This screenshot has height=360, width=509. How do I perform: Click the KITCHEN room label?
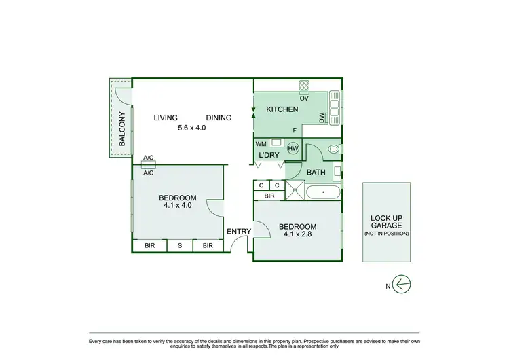tap(282, 109)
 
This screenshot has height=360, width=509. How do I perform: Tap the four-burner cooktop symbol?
tap(305, 86)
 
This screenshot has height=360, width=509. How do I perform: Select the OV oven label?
tap(304, 98)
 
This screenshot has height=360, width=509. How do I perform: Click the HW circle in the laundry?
tap(293, 148)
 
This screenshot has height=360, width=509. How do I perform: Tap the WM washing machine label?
tap(261, 144)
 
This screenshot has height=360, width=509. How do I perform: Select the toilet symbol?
tap(333, 149)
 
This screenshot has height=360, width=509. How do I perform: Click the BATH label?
tap(316, 173)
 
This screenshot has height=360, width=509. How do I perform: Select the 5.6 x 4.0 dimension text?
tap(191, 127)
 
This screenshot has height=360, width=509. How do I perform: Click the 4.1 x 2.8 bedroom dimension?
tap(297, 236)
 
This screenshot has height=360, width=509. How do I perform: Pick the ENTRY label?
tap(239, 232)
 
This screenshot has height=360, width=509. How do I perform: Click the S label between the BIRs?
tap(180, 246)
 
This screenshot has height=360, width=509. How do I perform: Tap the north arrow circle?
tap(402, 285)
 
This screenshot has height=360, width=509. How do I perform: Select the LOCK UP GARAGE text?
tap(386, 221)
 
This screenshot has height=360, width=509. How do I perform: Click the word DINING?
tap(219, 118)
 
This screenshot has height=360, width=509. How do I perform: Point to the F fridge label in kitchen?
tap(294, 130)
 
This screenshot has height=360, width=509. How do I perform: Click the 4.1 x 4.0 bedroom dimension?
tap(178, 204)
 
